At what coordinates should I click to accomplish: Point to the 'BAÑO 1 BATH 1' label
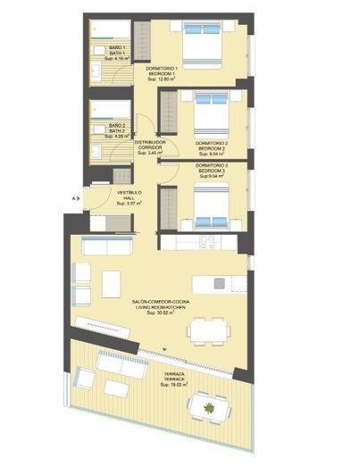pyautogui.click(x=116, y=51)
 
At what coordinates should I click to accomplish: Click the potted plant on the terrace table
pyautogui.click(x=209, y=407)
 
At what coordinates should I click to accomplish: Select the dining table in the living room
pyautogui.click(x=206, y=331)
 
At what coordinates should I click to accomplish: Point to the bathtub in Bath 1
pyautogui.click(x=116, y=28)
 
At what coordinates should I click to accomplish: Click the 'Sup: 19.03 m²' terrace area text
pyautogui.click(x=173, y=385)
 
